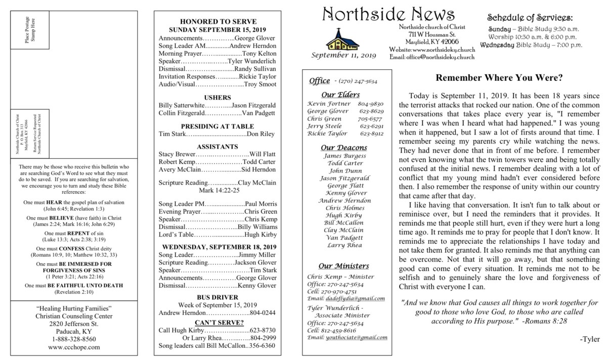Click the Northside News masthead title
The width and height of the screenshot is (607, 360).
(x=388, y=14)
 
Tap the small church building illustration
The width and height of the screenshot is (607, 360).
(x=335, y=39)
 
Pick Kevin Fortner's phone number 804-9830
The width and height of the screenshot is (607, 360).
(x=373, y=103)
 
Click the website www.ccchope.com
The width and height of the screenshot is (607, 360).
(x=74, y=347)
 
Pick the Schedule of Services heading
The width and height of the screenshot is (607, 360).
(x=530, y=18)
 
